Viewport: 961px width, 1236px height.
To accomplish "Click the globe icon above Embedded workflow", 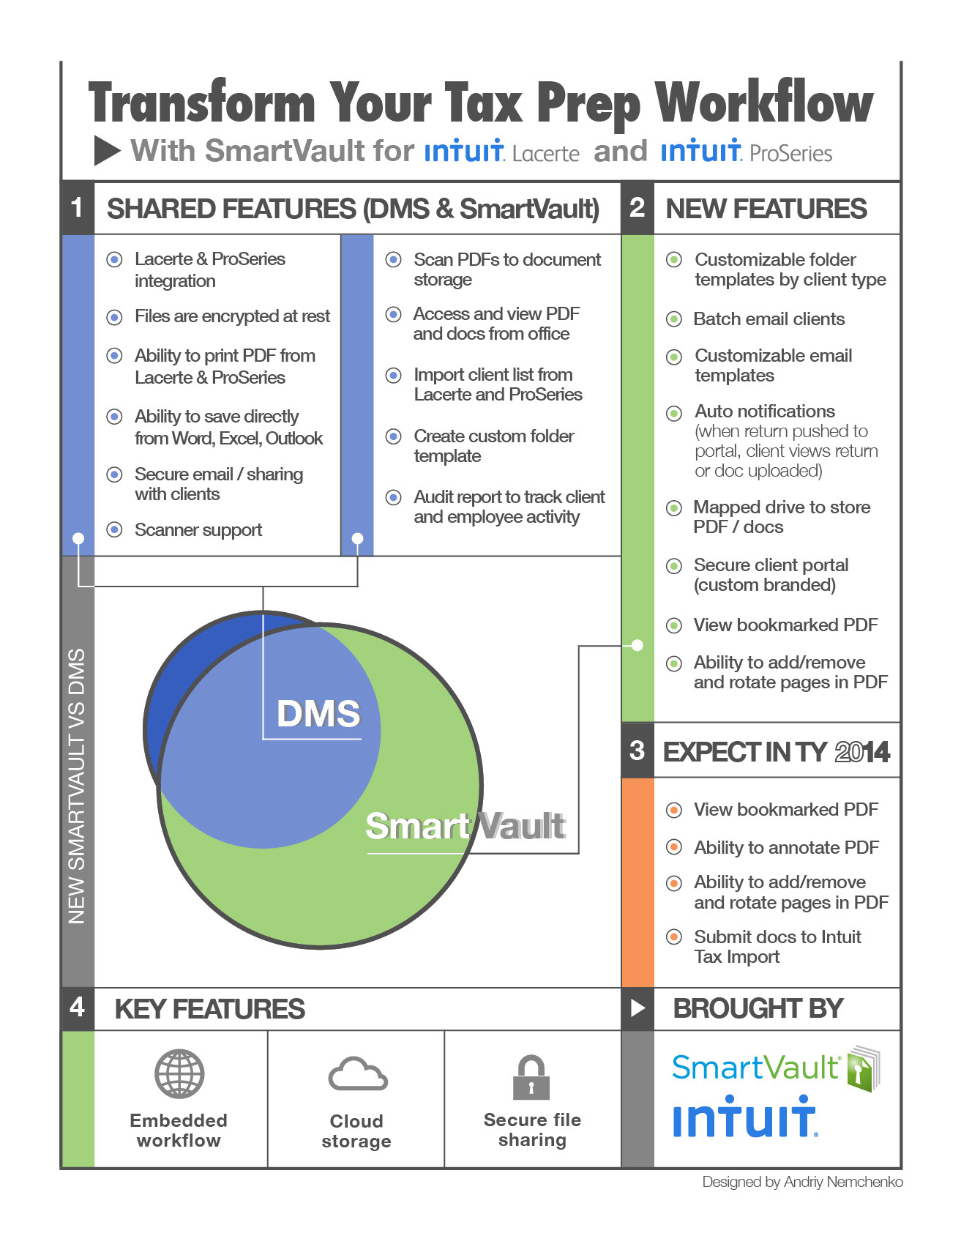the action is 179,1073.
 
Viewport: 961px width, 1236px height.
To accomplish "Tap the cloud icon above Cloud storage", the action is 357,1074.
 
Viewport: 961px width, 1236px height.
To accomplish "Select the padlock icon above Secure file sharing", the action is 531,1077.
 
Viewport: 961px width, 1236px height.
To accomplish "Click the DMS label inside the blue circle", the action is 318,713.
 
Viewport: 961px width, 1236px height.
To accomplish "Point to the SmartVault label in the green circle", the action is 465,826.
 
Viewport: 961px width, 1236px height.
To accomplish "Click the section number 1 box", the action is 77,208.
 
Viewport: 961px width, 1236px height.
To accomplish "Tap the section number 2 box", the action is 637,208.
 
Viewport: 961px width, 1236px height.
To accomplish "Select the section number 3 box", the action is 637,751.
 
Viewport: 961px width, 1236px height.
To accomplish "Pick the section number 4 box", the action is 77,1008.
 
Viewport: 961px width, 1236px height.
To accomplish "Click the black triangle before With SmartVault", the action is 107,151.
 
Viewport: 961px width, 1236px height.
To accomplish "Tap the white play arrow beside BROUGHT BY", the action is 637,1008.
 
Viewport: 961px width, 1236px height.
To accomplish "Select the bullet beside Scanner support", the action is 115,529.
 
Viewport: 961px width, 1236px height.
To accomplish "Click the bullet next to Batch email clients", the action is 674,319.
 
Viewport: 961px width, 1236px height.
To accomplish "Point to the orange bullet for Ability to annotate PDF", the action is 674,848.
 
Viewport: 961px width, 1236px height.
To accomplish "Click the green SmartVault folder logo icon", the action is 864,1068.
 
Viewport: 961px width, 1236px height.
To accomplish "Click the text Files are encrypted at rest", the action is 232,316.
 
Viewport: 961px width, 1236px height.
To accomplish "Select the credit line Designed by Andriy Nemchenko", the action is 802,1182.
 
